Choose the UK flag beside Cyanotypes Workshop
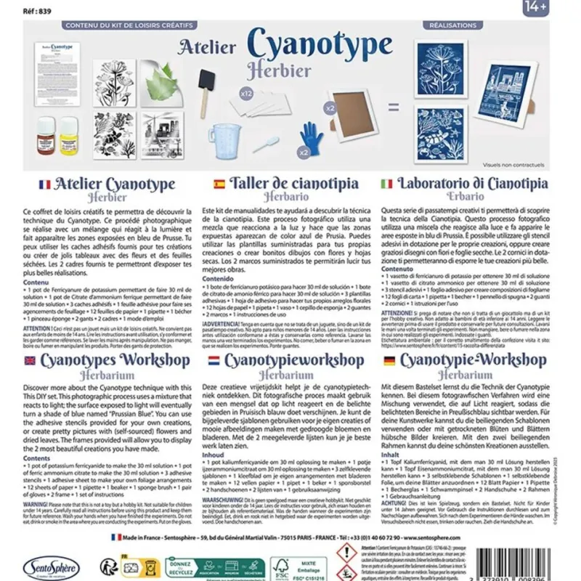click(29, 360)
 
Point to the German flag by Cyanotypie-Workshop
click(389, 360)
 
